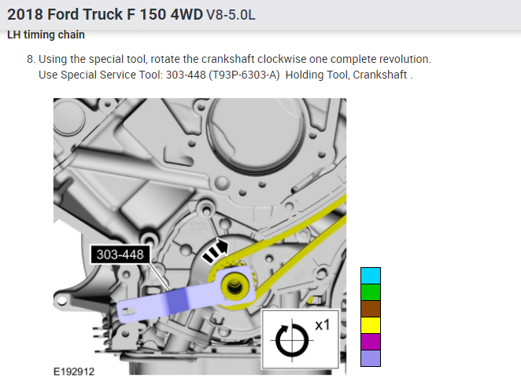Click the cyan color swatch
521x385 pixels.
click(x=371, y=276)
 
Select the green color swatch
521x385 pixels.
click(x=371, y=292)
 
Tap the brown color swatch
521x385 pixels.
click(x=371, y=309)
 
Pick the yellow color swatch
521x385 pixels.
click(x=371, y=325)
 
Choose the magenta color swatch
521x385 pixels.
click(x=371, y=342)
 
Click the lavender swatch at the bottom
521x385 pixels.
click(x=371, y=358)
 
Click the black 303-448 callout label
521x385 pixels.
click(x=120, y=255)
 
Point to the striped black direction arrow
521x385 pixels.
click(x=216, y=251)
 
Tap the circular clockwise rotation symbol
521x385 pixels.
click(x=292, y=340)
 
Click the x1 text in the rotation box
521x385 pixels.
click(x=323, y=325)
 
